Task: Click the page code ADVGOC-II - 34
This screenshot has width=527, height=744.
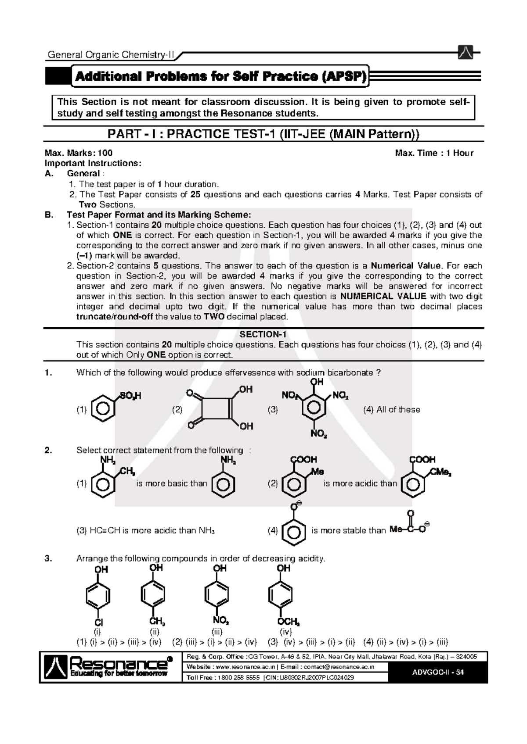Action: tap(438, 672)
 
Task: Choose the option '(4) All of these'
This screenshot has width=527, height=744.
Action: tap(391, 410)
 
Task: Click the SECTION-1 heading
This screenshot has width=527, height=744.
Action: tap(263, 334)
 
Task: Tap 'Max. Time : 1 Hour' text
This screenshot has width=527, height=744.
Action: tap(434, 153)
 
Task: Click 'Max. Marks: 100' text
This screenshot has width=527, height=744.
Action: tap(79, 153)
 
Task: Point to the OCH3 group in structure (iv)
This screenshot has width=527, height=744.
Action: tap(288, 622)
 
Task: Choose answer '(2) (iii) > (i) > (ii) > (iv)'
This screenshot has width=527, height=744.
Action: tap(214, 643)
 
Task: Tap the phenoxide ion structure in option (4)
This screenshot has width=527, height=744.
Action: tap(293, 526)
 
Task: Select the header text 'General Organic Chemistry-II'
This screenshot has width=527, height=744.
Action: tap(111, 55)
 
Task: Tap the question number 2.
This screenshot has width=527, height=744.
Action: tap(48, 451)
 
